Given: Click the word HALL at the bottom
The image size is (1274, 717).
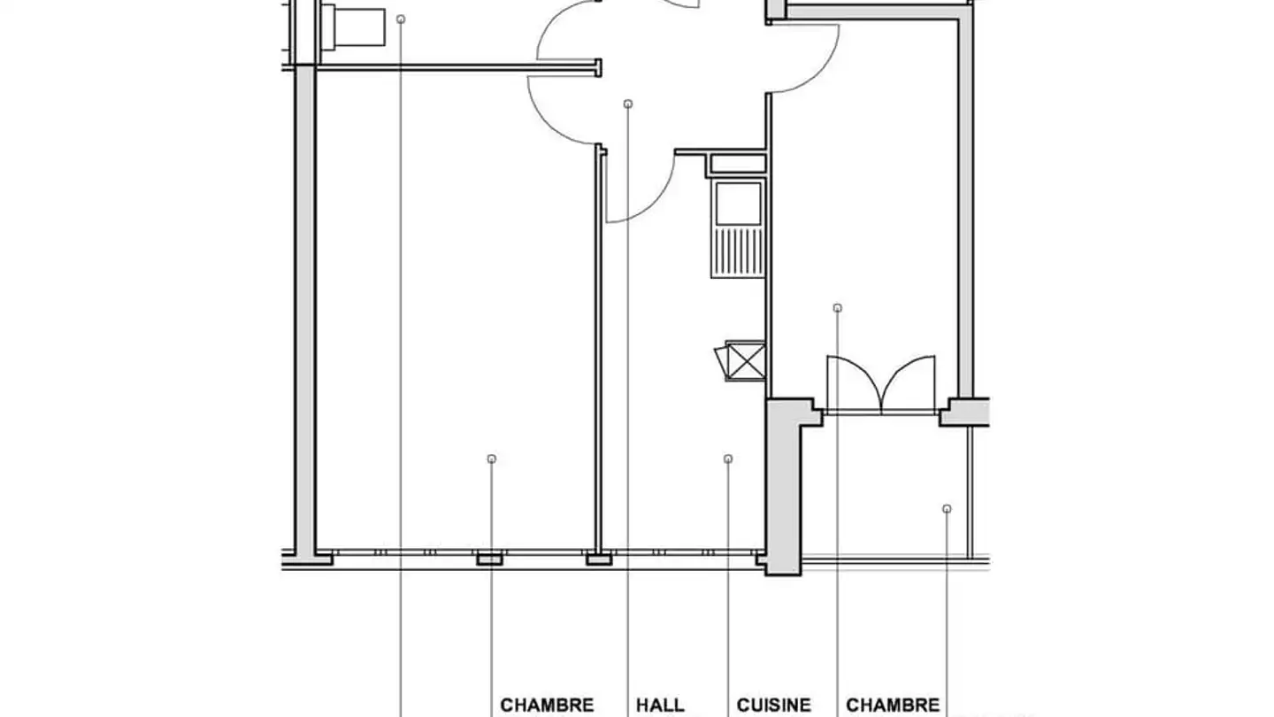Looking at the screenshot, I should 660,705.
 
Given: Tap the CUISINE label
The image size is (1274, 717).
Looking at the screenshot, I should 774,705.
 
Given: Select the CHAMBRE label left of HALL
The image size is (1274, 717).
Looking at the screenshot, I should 547,705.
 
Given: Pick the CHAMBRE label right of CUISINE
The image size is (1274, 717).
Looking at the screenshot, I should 893,705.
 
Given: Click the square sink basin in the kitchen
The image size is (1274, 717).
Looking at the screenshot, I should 738,203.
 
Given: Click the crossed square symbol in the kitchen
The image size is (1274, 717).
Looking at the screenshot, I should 746,360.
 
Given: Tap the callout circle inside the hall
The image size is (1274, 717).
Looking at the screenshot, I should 628,104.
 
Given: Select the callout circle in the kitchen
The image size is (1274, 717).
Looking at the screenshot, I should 728,459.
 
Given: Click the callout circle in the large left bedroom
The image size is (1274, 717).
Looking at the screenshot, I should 492,459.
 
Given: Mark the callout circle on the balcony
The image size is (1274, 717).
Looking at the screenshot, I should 947,509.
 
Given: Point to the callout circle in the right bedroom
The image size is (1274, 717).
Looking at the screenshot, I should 838,308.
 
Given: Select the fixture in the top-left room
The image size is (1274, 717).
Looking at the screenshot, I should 354,26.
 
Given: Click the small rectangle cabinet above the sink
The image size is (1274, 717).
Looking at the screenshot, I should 737,164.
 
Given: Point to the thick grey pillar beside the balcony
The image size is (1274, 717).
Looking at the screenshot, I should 784,487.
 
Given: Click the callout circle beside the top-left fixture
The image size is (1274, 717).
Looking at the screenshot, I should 401,19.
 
